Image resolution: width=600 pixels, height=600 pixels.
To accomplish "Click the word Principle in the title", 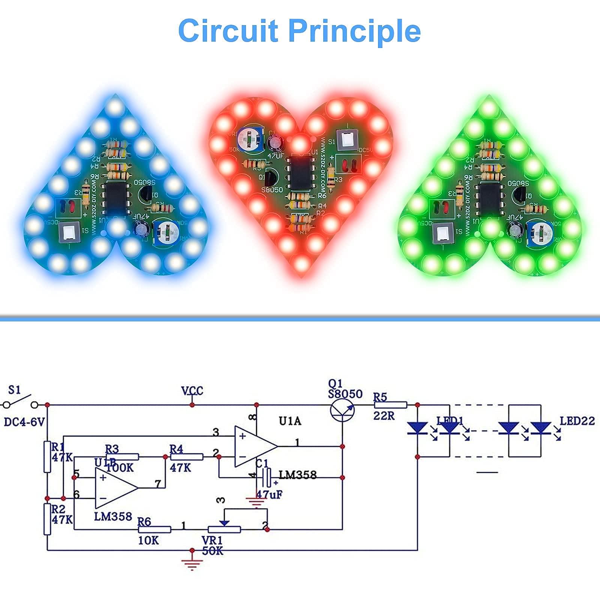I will (355, 31).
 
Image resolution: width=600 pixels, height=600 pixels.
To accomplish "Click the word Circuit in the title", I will (228, 30).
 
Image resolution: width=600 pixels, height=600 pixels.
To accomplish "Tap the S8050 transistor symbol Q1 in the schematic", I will (342, 409).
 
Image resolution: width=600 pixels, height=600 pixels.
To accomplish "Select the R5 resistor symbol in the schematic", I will (390, 405).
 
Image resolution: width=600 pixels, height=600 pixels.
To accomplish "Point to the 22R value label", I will (384, 415).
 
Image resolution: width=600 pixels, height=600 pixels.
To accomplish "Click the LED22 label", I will (577, 421).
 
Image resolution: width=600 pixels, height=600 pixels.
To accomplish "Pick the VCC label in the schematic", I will (192, 391).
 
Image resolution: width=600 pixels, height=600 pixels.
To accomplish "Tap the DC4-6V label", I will (24, 422).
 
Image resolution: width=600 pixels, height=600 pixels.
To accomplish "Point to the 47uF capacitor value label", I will (269, 495).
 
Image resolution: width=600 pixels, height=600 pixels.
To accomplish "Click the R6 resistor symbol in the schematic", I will (154, 529).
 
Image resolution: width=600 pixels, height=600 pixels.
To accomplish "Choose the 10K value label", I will (148, 540).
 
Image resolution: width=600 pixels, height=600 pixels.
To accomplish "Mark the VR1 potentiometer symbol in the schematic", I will (224, 529).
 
